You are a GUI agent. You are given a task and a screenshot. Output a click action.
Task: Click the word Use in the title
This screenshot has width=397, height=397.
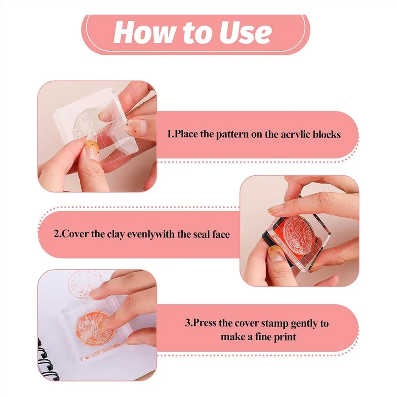[x=245, y=32]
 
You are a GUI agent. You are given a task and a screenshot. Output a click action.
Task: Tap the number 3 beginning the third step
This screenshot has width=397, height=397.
[x=188, y=323]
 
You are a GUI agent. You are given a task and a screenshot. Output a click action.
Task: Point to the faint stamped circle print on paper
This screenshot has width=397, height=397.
[x=85, y=287]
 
